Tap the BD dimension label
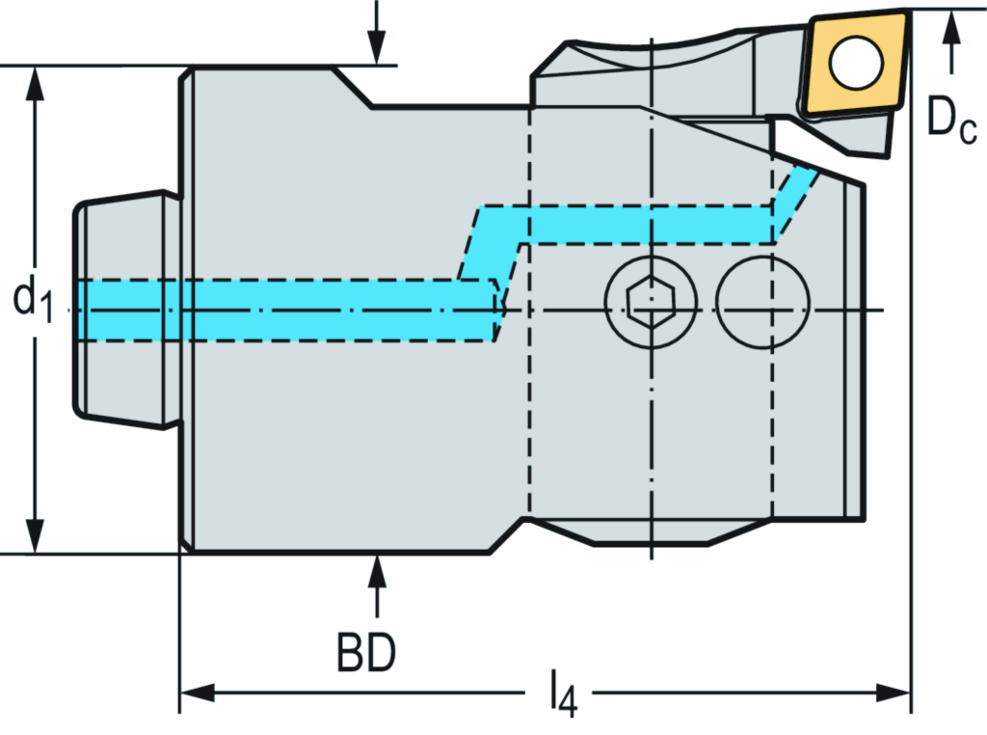(366, 655)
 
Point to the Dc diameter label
(951, 118)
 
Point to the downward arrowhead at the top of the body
(376, 48)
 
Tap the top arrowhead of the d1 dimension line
(36, 83)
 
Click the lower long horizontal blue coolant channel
(289, 310)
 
